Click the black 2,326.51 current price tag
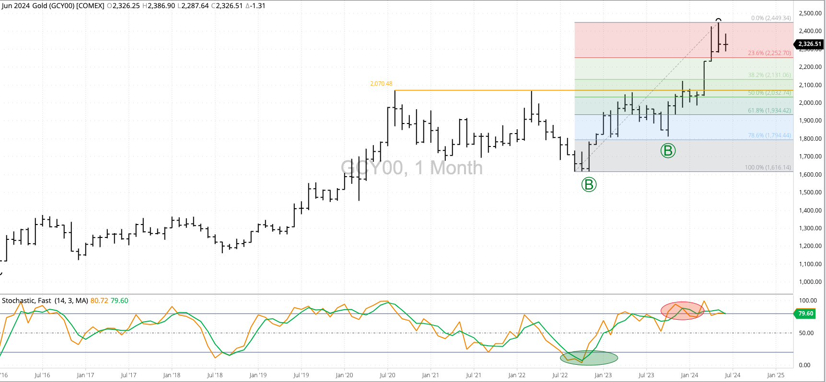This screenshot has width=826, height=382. (809, 44)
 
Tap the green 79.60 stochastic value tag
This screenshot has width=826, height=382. (805, 314)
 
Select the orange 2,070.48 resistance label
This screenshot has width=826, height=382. (381, 84)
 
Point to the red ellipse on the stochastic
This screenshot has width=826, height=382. (682, 311)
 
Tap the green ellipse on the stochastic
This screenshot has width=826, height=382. (589, 358)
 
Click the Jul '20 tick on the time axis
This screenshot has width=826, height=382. (387, 375)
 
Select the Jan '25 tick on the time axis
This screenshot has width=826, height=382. (776, 375)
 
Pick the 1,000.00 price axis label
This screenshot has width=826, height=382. (810, 282)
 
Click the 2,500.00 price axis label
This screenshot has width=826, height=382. (810, 13)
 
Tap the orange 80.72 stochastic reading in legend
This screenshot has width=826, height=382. (99, 301)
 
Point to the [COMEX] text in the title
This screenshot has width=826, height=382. (90, 6)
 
